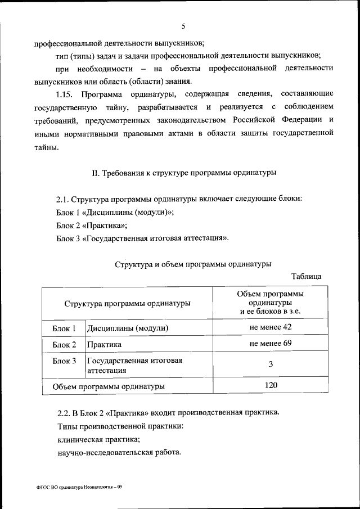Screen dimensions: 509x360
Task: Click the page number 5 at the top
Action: point(184,25)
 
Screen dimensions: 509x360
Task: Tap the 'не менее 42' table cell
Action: point(271,327)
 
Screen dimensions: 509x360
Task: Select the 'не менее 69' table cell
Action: point(271,343)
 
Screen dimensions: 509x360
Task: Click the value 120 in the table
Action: point(271,385)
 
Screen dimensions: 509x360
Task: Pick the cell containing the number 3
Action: point(271,364)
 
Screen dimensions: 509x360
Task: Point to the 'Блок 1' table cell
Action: point(64,328)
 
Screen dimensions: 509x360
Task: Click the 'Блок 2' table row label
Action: point(64,344)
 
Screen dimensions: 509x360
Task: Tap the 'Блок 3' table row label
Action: point(64,361)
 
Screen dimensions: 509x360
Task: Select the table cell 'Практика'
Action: point(104,344)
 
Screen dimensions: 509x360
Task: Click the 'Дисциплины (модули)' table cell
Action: point(128,328)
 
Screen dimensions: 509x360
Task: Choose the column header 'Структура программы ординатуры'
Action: point(127,303)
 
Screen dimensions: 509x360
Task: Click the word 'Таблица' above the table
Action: point(307,276)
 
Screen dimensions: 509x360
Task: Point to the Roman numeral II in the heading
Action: point(95,173)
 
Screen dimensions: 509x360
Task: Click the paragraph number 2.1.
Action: point(62,200)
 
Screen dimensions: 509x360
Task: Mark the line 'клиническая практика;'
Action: point(98,439)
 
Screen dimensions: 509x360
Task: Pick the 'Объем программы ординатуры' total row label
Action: point(109,386)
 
